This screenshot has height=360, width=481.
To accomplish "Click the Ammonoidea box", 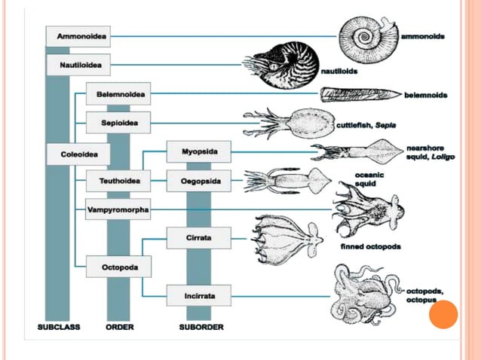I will pos(81,36).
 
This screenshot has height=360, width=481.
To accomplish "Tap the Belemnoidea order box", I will pos(118,95).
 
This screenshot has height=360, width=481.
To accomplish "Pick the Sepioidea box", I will pos(118,121).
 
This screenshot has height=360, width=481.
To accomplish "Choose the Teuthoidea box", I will pos(118,181).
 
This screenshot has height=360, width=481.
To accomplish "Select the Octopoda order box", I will pos(118,266).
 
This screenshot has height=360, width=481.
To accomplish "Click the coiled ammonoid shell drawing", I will pos(367,36).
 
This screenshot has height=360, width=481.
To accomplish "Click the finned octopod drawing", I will pos(286,239).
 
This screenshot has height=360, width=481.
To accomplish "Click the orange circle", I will pos(443,315).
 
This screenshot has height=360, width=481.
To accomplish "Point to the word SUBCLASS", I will pos(58,328).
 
